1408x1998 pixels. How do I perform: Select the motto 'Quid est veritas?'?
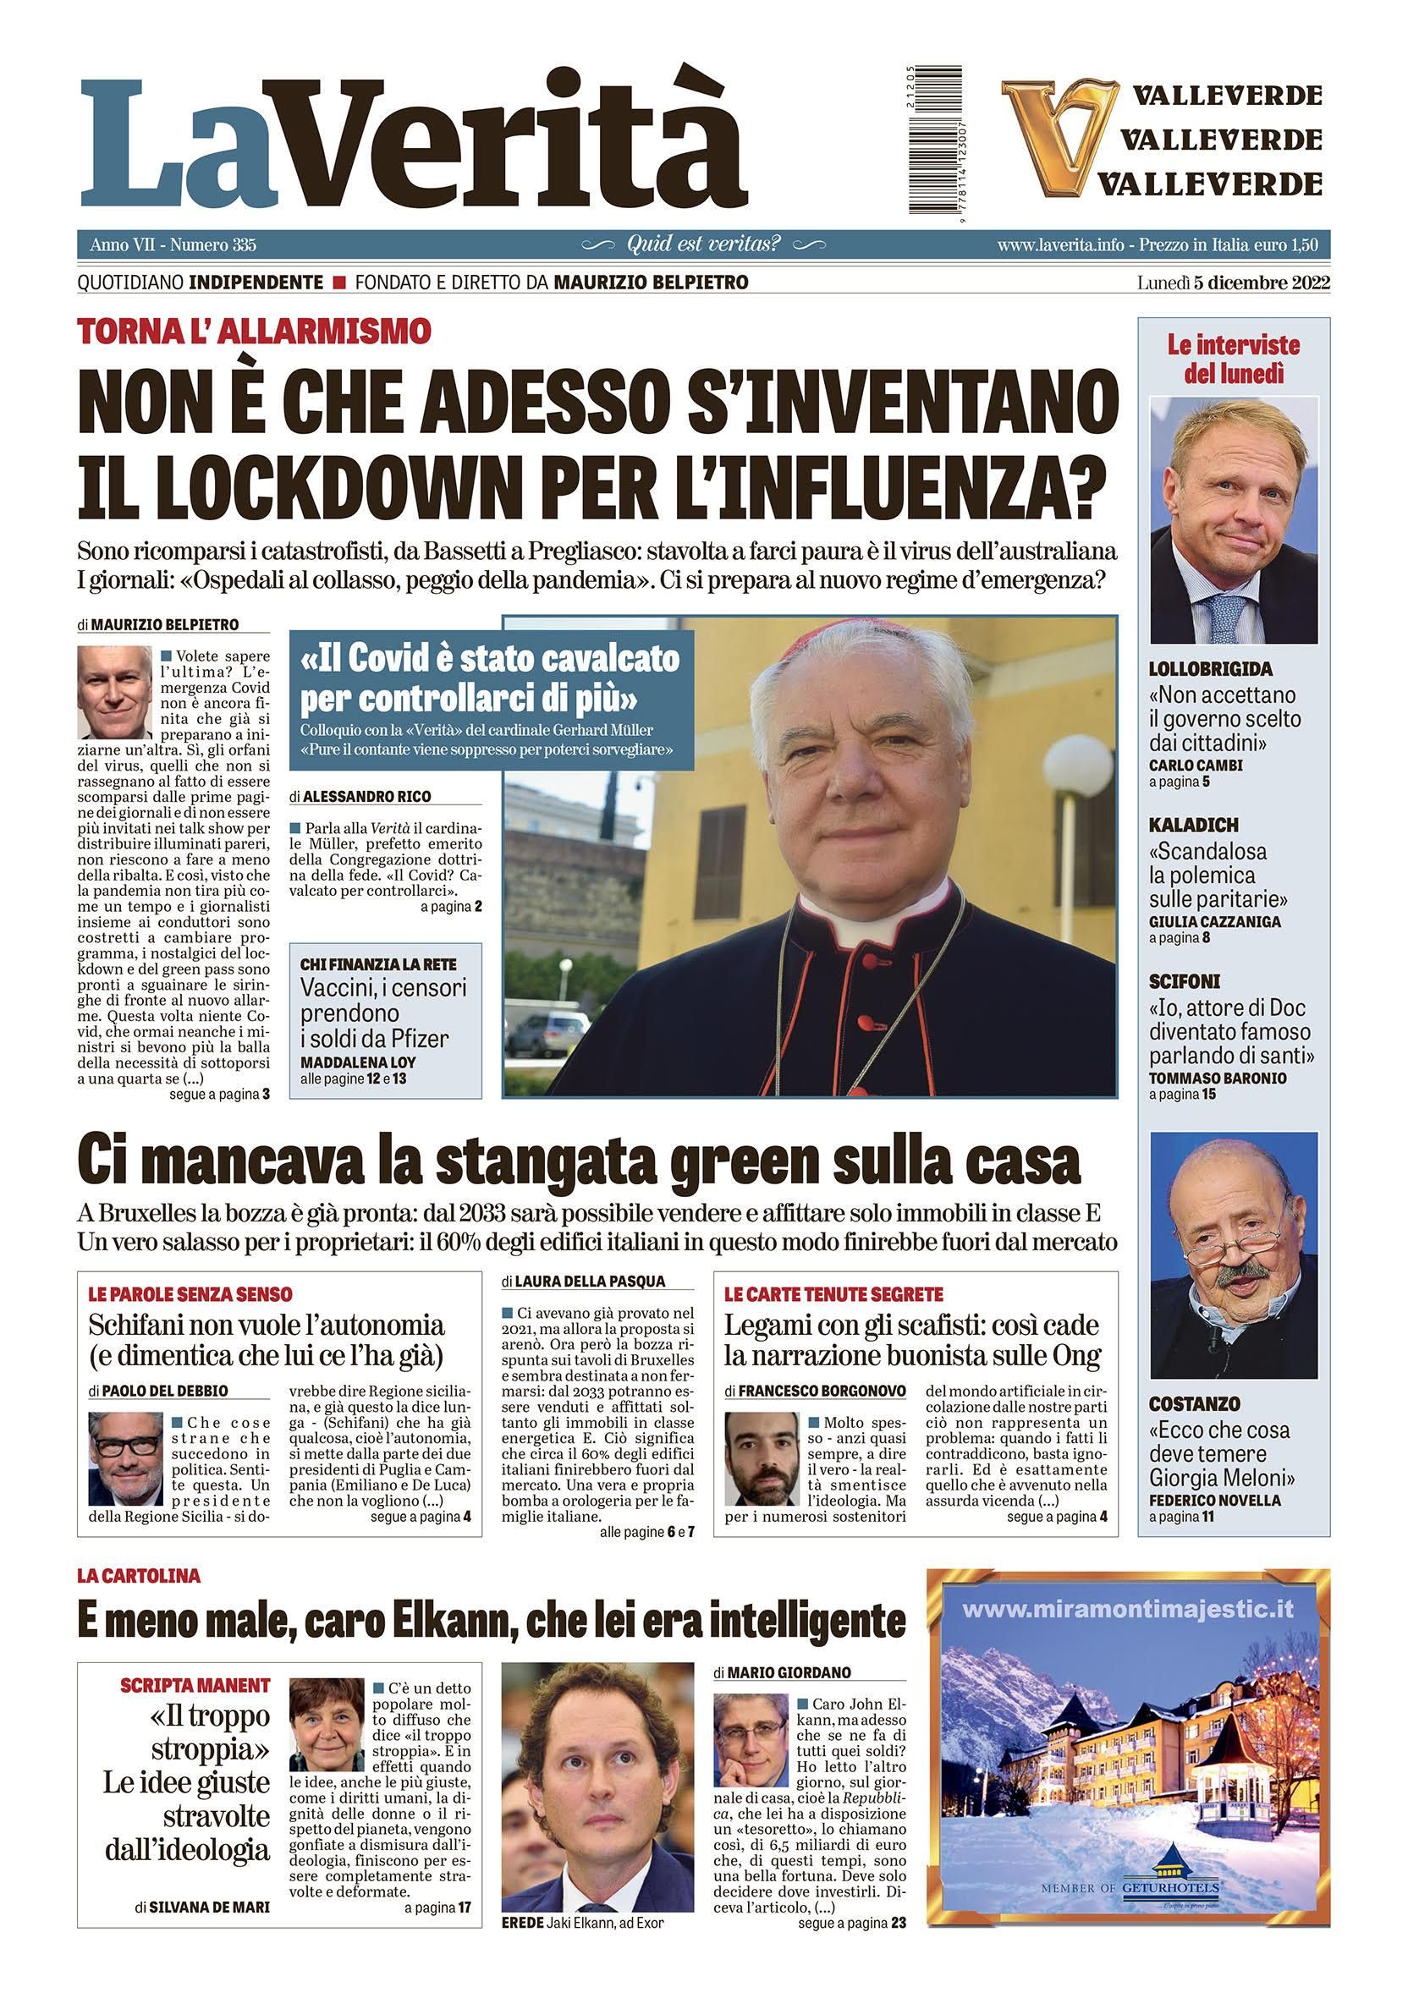click(x=704, y=244)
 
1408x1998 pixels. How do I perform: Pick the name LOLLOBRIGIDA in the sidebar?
click(x=1211, y=669)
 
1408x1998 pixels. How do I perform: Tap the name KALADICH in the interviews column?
click(x=1193, y=825)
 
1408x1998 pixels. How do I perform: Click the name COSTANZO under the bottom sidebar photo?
click(x=1194, y=1403)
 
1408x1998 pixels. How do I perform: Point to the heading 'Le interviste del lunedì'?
click(x=1233, y=360)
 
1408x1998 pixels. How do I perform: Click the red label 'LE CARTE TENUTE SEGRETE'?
click(x=833, y=1294)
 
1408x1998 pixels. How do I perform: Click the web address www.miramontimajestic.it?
click(x=1128, y=1609)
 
